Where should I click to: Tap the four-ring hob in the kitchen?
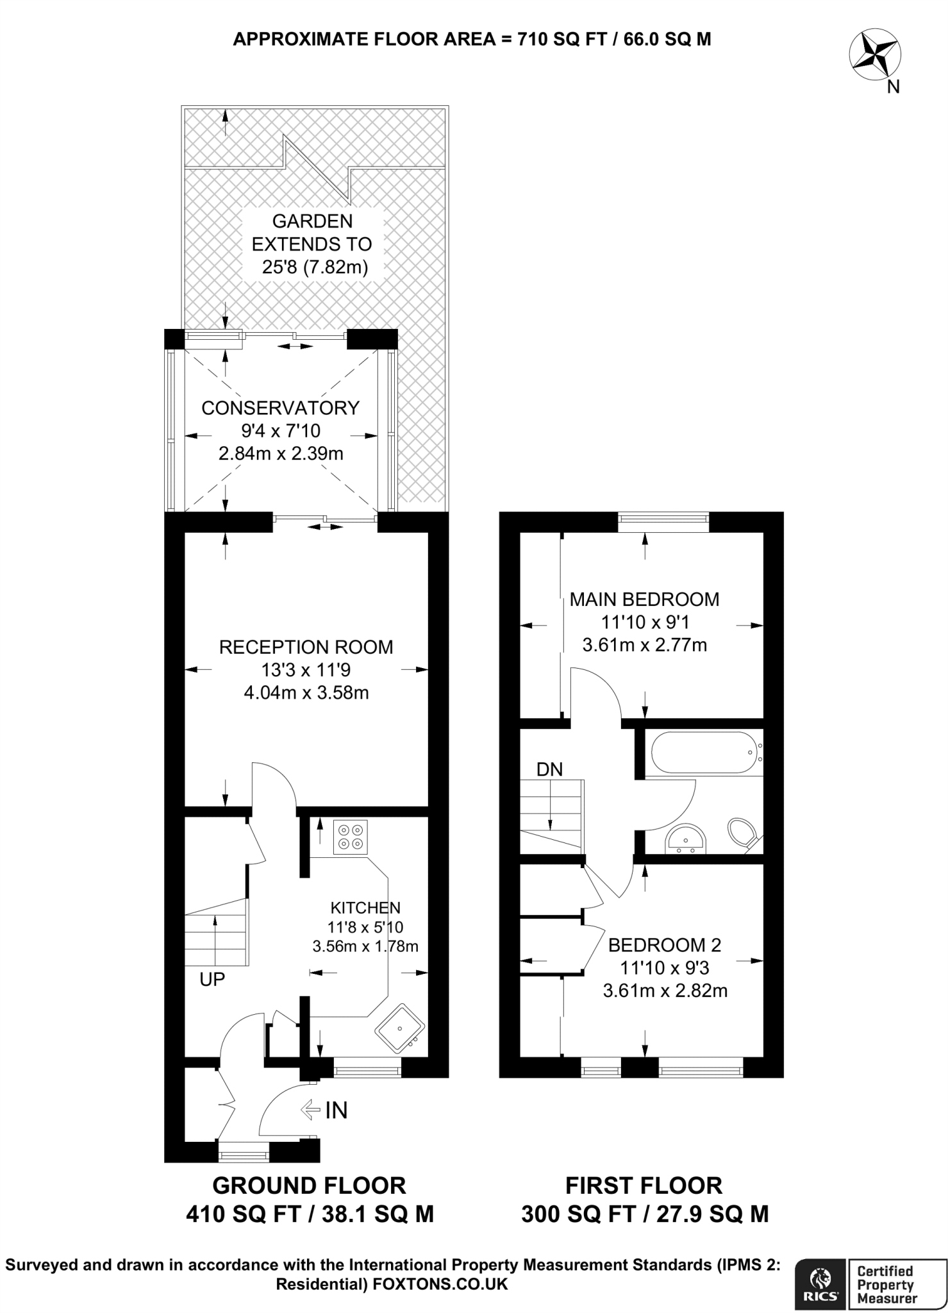(x=351, y=837)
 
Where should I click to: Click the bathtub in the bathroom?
(x=704, y=753)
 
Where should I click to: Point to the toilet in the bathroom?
(x=743, y=832)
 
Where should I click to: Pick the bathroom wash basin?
(x=686, y=840)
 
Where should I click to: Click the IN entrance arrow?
(x=311, y=1110)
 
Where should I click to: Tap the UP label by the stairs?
(x=212, y=979)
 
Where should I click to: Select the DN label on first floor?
(x=549, y=769)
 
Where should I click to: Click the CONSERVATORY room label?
(x=280, y=408)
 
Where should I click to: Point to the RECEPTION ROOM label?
(x=306, y=647)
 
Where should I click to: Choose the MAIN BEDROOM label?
(x=644, y=599)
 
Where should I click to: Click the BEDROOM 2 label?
(x=664, y=944)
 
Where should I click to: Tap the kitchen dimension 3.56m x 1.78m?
(x=365, y=946)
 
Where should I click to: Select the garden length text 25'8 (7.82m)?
(x=315, y=267)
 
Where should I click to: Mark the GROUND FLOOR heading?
(x=309, y=1185)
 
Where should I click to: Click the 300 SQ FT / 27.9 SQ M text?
(x=644, y=1214)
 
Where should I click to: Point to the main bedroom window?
(x=663, y=522)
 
